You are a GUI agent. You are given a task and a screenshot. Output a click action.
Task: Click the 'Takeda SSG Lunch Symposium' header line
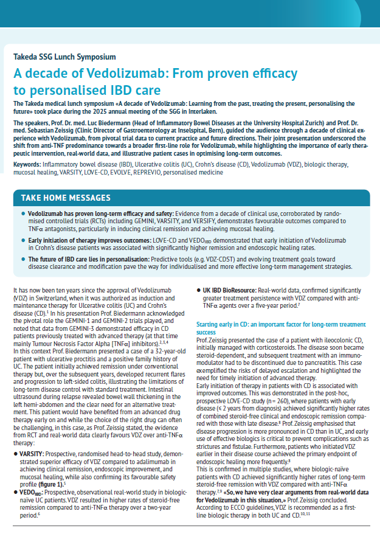pyautogui.click(x=64, y=57)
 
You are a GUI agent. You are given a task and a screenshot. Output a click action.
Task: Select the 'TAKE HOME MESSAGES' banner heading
pyautogui.click(x=66, y=198)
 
